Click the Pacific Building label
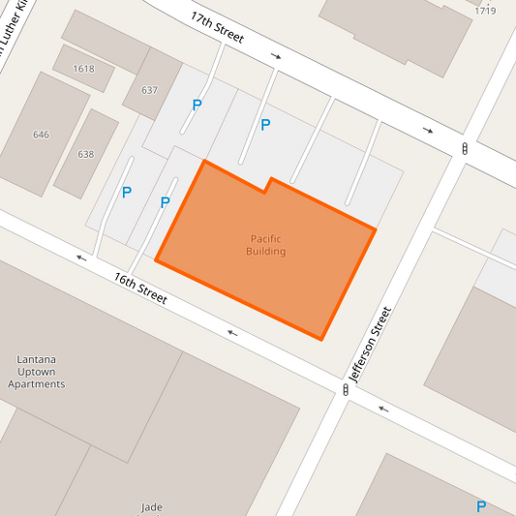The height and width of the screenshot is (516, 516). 266,245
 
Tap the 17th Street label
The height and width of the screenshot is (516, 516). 217,28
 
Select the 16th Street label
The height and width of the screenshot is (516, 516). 140,288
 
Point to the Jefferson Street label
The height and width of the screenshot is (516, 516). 372,344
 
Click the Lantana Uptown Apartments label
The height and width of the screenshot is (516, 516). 37,371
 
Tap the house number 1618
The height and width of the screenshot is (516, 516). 83,69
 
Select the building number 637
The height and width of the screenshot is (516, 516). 149,90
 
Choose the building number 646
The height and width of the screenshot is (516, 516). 41,135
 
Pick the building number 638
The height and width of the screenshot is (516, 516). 86,154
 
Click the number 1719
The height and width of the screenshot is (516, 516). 485,11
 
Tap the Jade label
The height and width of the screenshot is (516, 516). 151,506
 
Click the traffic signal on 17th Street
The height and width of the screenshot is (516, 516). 465,149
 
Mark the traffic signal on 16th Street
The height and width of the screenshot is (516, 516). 346,389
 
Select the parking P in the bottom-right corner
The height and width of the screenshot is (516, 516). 481,506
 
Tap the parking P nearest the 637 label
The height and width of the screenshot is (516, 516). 197,105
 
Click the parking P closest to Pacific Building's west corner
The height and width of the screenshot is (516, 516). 165,203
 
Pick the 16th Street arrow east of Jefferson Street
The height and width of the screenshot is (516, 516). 383,408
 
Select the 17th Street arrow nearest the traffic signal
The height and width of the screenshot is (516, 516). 428,130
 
